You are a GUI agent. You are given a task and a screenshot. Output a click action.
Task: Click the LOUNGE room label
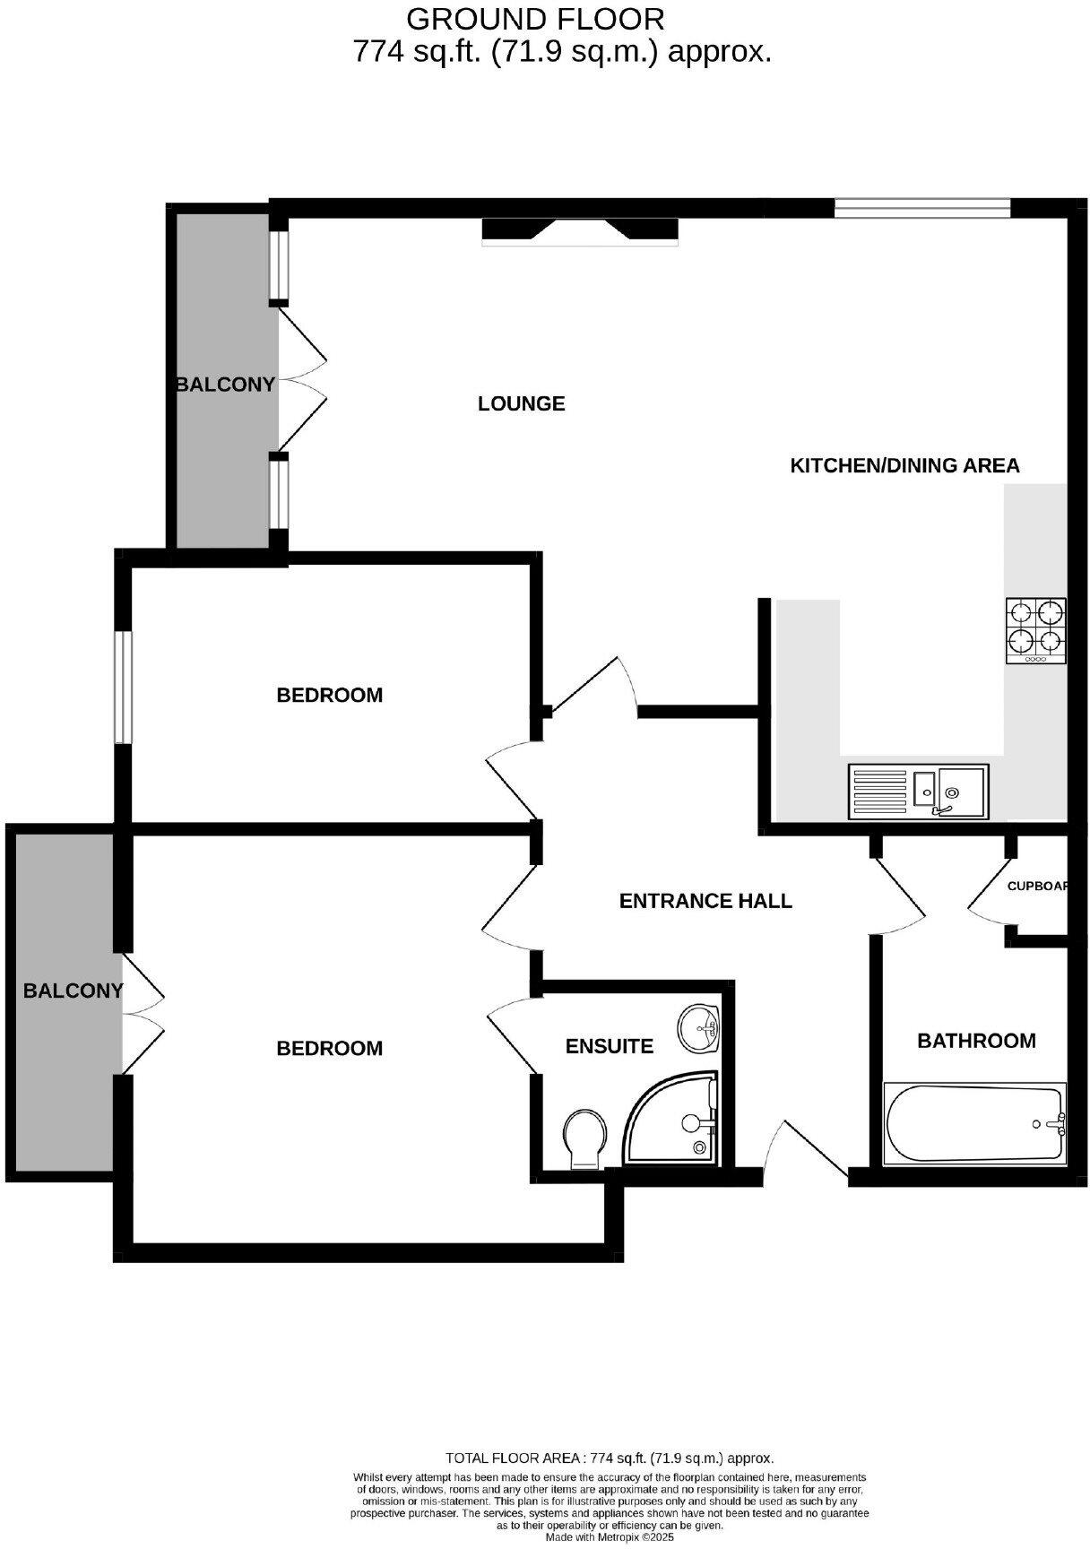[x=521, y=403]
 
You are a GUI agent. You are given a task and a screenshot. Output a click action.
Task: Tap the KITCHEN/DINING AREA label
[x=904, y=466]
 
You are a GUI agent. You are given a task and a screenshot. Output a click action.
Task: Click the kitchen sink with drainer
[x=918, y=791]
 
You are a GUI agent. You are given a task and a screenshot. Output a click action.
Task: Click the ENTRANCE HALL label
[x=705, y=901]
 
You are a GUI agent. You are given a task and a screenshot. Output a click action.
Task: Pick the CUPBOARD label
[x=1038, y=886]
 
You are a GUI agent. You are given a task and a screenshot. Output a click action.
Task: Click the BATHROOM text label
[x=976, y=1041]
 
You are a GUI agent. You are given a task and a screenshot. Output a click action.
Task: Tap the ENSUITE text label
[x=609, y=1046]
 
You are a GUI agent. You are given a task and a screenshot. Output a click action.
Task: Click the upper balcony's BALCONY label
[x=225, y=385]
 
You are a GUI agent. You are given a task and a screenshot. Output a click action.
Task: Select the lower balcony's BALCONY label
[x=73, y=991]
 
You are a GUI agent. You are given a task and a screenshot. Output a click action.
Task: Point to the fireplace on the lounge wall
[x=580, y=230]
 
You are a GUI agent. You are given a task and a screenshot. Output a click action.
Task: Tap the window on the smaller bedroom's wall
[x=124, y=688]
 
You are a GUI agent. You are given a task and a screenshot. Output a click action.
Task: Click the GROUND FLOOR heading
[x=535, y=18]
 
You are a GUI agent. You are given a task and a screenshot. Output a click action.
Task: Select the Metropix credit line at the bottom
[x=610, y=1536]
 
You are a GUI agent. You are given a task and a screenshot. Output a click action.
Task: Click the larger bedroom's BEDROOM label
[x=329, y=1048]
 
